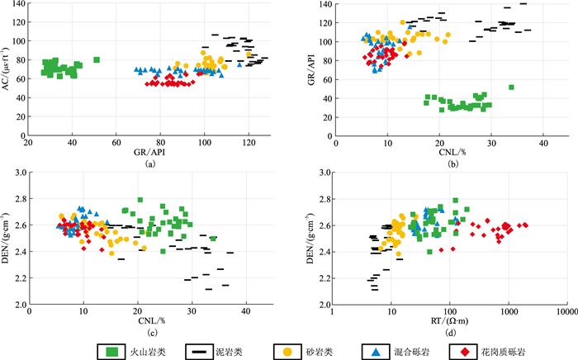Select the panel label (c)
click(x=150, y=333)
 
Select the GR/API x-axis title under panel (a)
click(x=150, y=154)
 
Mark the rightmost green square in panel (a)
click(x=97, y=59)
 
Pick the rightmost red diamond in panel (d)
click(x=525, y=225)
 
